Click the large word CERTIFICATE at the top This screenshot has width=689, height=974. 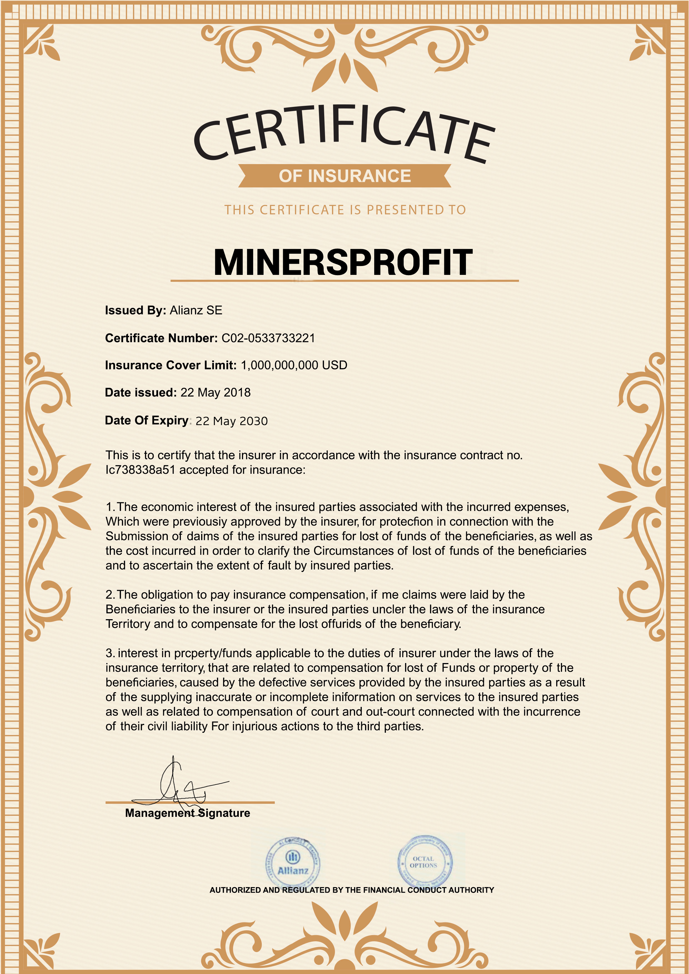[x=344, y=134]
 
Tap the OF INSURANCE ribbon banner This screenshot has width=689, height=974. [x=344, y=176]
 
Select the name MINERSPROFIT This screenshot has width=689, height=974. [x=343, y=262]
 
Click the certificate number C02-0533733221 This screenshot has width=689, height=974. [x=268, y=338]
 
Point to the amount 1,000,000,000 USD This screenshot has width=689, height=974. [x=294, y=365]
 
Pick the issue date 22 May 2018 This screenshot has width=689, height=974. [x=216, y=392]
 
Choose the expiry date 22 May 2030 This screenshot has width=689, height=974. [x=231, y=421]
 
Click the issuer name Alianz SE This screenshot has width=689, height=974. [x=196, y=310]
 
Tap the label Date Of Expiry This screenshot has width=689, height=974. [x=146, y=420]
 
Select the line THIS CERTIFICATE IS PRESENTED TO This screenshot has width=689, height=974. [x=345, y=210]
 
